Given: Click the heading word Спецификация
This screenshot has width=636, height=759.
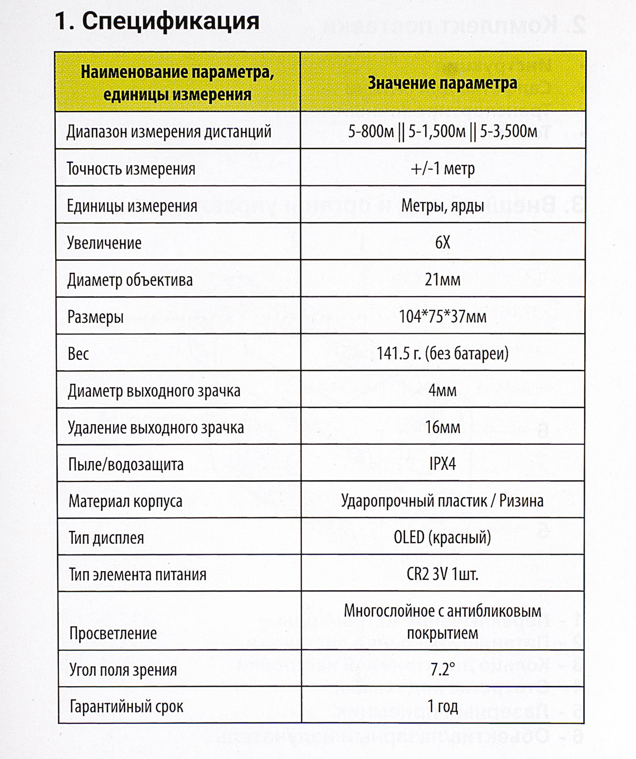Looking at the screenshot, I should [170, 21].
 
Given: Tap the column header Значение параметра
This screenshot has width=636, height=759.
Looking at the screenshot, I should [442, 83].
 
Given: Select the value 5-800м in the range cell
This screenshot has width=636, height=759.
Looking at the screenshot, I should [371, 131].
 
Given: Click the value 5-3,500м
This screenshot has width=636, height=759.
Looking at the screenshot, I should [509, 131].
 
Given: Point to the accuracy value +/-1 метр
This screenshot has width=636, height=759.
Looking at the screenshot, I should [442, 168].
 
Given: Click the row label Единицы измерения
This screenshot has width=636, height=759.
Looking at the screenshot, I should [132, 206].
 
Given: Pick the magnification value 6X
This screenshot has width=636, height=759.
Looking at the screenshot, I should [442, 242].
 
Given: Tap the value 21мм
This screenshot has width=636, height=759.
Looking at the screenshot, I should [442, 279].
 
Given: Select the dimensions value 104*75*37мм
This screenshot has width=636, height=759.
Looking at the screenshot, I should [442, 317].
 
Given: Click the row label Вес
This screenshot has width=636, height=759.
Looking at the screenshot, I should [78, 354].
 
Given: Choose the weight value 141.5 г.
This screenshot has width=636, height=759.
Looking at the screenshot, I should [398, 354].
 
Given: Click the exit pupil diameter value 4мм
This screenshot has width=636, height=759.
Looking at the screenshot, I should [442, 390].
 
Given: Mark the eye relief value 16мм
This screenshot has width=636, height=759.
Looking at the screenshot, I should [442, 427].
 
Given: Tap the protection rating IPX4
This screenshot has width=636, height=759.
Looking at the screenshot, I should [442, 464].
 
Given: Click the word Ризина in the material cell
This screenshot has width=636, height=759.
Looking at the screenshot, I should [521, 501].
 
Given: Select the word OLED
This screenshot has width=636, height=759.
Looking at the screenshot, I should [409, 537].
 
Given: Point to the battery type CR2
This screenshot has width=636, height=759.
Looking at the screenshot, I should [418, 574].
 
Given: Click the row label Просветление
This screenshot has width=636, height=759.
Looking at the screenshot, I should [113, 633].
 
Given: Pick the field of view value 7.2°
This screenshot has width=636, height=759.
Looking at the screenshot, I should [442, 669].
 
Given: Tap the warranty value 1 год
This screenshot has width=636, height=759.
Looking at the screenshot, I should [442, 706].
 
